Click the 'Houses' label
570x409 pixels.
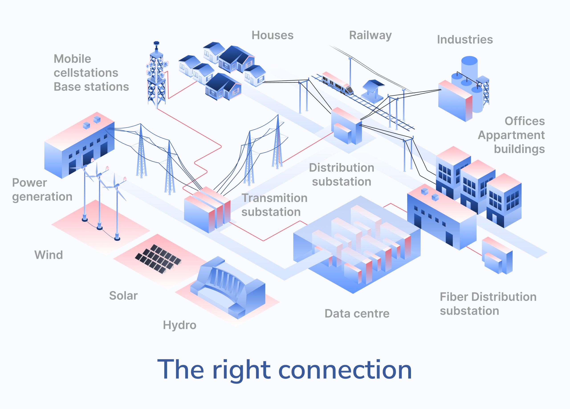pos(273,35)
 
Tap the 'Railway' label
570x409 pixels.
pos(370,35)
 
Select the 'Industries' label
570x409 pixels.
pos(465,39)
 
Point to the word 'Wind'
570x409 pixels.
pos(49,255)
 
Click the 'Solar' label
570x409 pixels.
pos(123,296)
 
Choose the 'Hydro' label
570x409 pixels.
pos(179,325)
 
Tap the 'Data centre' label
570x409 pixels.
pos(357,313)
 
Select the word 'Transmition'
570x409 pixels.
pos(275,198)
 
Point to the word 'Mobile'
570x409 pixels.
pos(72,59)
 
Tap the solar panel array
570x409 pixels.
pos(158,259)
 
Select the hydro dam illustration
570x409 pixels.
pos(228,287)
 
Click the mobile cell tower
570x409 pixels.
pos(156,76)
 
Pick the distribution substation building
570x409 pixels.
pos(346,126)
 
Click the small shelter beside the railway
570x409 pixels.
pos(373,90)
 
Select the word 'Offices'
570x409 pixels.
pos(525,121)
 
